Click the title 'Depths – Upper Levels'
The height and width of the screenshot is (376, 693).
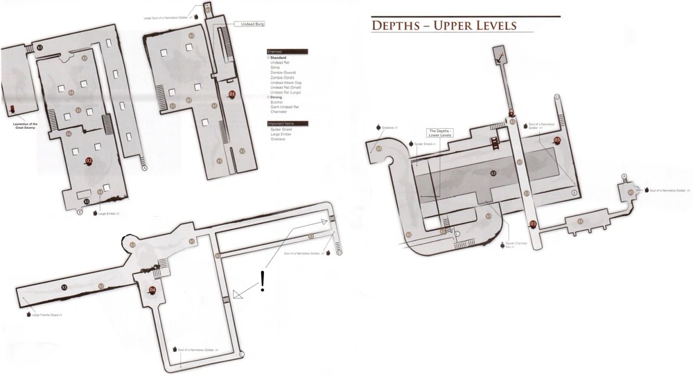click(444, 26)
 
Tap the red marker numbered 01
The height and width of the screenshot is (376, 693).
click(231, 94)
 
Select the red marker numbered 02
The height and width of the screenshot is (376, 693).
click(89, 161)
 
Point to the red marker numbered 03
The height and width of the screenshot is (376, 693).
click(533, 223)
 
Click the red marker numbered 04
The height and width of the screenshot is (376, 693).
click(152, 289)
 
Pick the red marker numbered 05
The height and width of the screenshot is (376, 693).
click(557, 141)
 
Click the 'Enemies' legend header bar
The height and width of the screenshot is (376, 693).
click(286, 51)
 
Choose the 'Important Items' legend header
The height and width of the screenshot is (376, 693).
click(286, 123)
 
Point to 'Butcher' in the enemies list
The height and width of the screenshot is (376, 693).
click(277, 102)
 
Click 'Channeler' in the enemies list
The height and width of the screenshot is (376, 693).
click(279, 111)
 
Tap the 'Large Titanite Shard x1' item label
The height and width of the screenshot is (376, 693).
click(46, 314)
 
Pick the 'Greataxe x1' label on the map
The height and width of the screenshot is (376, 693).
click(388, 127)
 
